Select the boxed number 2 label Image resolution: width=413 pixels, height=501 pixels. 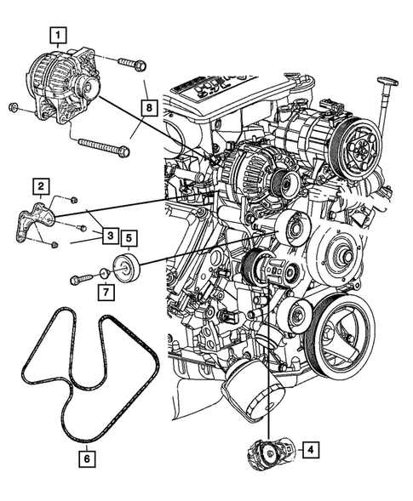click(x=40, y=185)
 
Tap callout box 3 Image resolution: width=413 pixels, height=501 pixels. click(x=110, y=232)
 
